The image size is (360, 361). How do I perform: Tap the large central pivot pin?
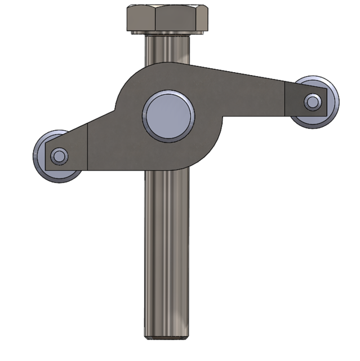[x=168, y=116]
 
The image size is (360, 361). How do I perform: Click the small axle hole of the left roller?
[x=58, y=155]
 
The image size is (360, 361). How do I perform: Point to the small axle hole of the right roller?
[x=312, y=102]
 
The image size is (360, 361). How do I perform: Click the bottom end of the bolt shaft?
[x=167, y=335]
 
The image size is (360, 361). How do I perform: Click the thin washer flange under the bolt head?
[x=167, y=33]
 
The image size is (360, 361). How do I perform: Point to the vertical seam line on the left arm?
[x=88, y=147]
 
